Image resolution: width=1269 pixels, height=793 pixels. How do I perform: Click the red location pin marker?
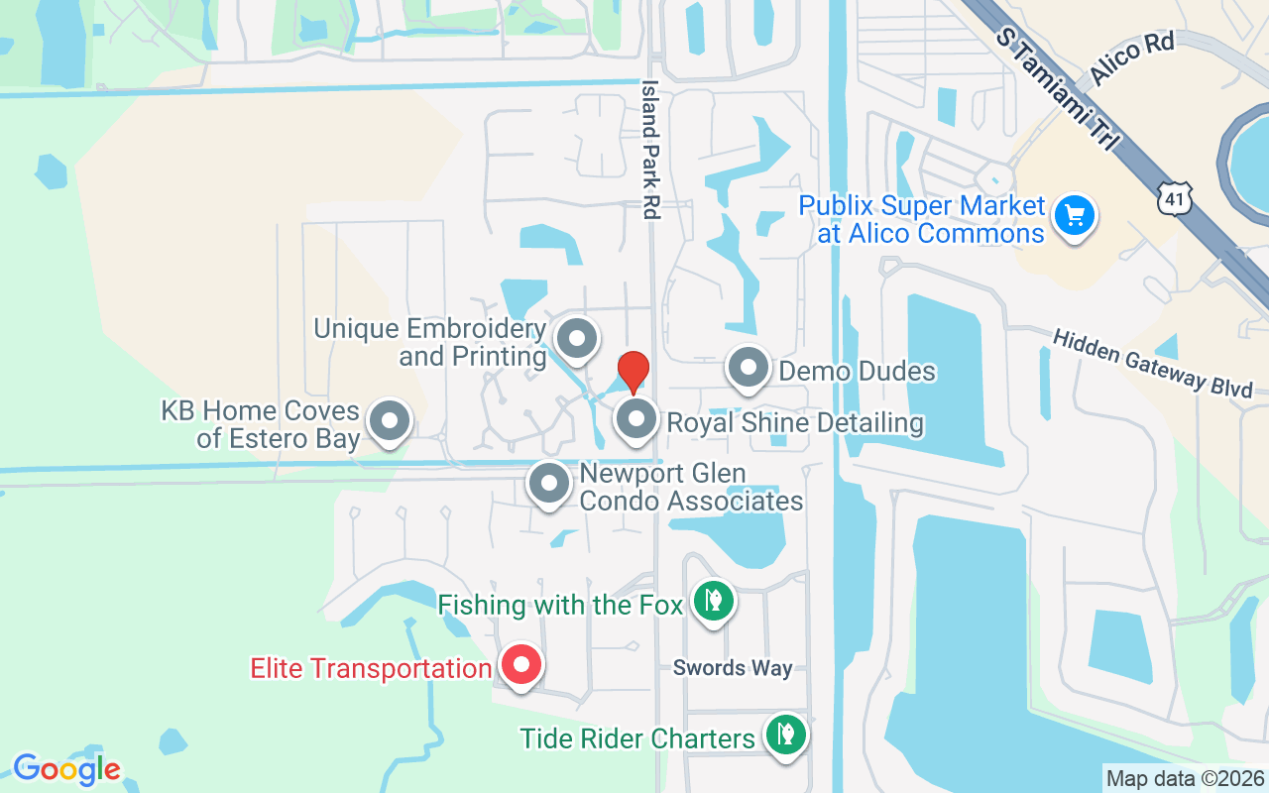coord(634,371)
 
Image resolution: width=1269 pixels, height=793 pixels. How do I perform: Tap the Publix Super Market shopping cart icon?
coord(1074,215)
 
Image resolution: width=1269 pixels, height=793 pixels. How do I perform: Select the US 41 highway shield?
coord(1174,197)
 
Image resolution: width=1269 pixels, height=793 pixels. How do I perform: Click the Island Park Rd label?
coord(651,150)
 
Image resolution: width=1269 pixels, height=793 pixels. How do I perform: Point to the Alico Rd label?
coord(1131,58)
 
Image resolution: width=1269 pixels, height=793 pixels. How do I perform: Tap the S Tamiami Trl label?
coord(1059,90)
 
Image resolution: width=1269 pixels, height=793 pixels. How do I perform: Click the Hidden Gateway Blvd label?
coord(1152,364)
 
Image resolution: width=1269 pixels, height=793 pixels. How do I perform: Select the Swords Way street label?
coord(733,668)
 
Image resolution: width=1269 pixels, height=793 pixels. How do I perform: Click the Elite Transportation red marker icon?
coord(520,665)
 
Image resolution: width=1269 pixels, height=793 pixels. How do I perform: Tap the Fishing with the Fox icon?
coord(712,600)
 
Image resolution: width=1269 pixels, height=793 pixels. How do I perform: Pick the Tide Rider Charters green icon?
coord(786,736)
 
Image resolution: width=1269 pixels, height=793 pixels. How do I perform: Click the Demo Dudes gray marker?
coord(749,368)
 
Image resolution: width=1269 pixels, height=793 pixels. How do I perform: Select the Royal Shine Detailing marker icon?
coord(636,419)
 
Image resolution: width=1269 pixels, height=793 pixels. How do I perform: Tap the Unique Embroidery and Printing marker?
coord(576,338)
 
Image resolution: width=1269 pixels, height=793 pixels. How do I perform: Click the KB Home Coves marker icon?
coord(390,421)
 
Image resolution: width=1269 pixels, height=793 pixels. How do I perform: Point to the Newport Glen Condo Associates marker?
coord(549,484)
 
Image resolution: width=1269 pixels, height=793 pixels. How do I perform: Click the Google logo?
coord(67,769)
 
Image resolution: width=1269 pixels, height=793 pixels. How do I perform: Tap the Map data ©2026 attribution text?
coord(1185,779)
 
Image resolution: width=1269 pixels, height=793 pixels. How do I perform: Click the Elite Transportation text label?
coord(371,668)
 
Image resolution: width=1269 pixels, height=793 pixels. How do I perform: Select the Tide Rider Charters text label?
coord(637,738)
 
